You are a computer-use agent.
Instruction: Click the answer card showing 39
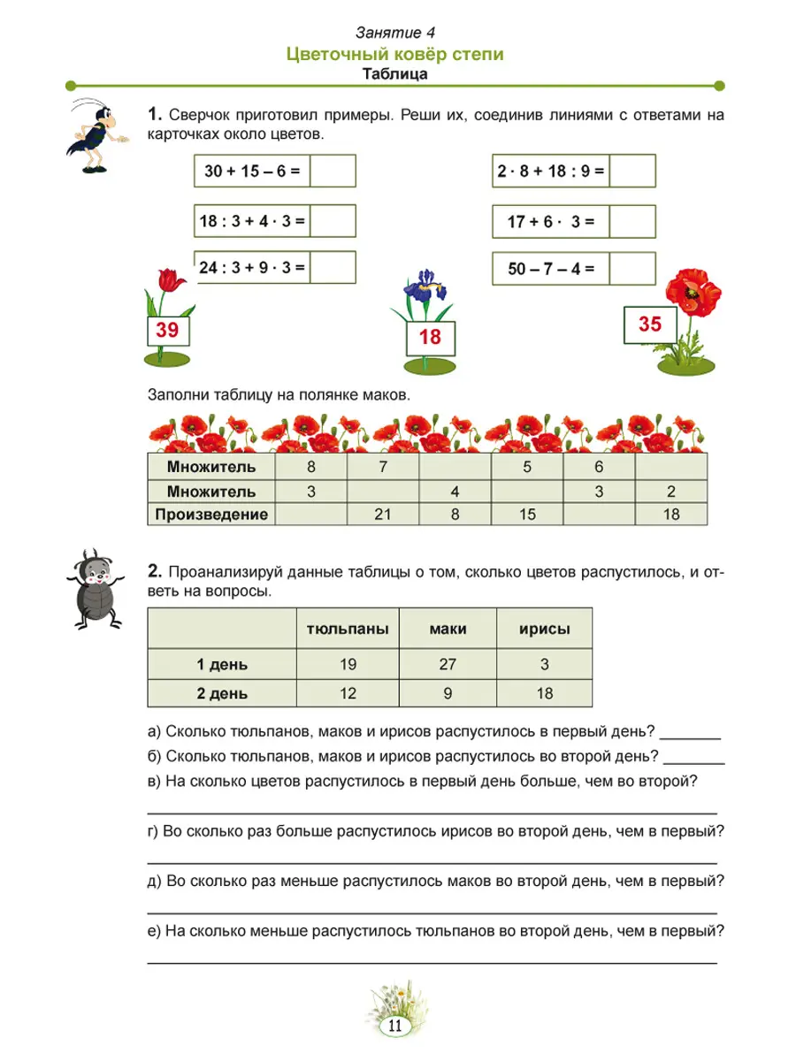coord(167,332)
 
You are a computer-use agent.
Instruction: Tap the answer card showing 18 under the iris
coord(429,337)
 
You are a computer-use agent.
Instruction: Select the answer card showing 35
coord(650,324)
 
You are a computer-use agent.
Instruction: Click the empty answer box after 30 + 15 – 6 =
coord(333,171)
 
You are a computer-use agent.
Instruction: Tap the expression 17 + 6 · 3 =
coord(551,223)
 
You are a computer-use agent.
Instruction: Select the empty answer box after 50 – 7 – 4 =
coord(633,269)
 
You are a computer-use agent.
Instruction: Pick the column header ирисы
coord(544,630)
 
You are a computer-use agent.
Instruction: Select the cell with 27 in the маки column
coord(448,664)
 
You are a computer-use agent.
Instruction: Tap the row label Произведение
coord(211,514)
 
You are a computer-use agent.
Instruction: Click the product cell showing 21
coord(382,514)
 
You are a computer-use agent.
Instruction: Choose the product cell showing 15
coord(526,514)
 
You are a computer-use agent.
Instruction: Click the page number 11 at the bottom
coord(394,1026)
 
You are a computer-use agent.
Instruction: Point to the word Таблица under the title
coord(395,74)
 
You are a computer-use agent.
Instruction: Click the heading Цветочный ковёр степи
coord(395,55)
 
